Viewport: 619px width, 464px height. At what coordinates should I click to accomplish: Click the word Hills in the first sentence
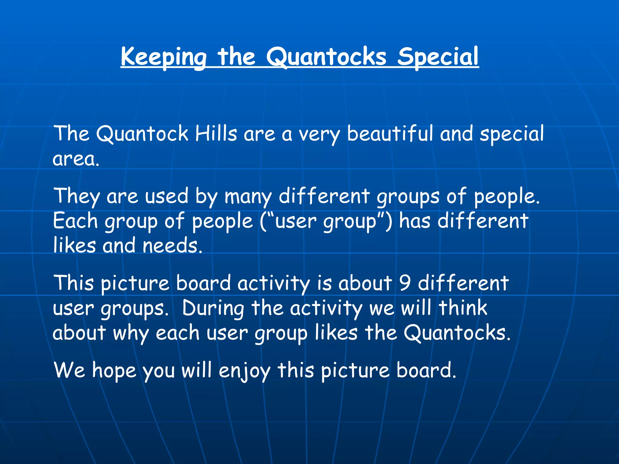click(216, 134)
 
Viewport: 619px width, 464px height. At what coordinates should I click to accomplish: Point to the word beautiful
click(390, 134)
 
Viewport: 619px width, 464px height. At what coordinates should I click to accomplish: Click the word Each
click(75, 221)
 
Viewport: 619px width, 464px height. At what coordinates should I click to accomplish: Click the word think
click(463, 308)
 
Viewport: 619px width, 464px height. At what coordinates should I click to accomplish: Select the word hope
click(114, 371)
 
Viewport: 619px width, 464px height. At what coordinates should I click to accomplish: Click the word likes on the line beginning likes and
click(74, 245)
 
